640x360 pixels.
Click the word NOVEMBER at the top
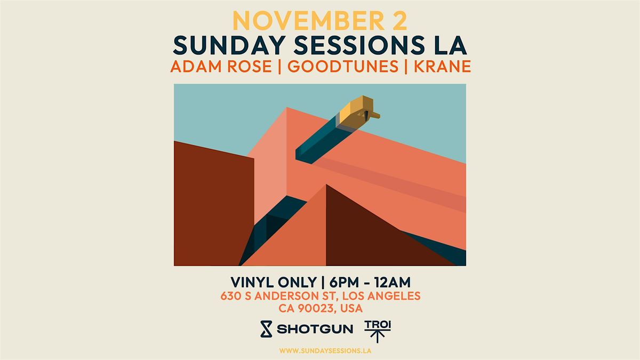pos(303,21)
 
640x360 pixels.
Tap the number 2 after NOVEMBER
pos(398,21)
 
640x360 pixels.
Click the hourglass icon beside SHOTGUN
pos(265,329)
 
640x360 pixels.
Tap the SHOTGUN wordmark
pos(315,329)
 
